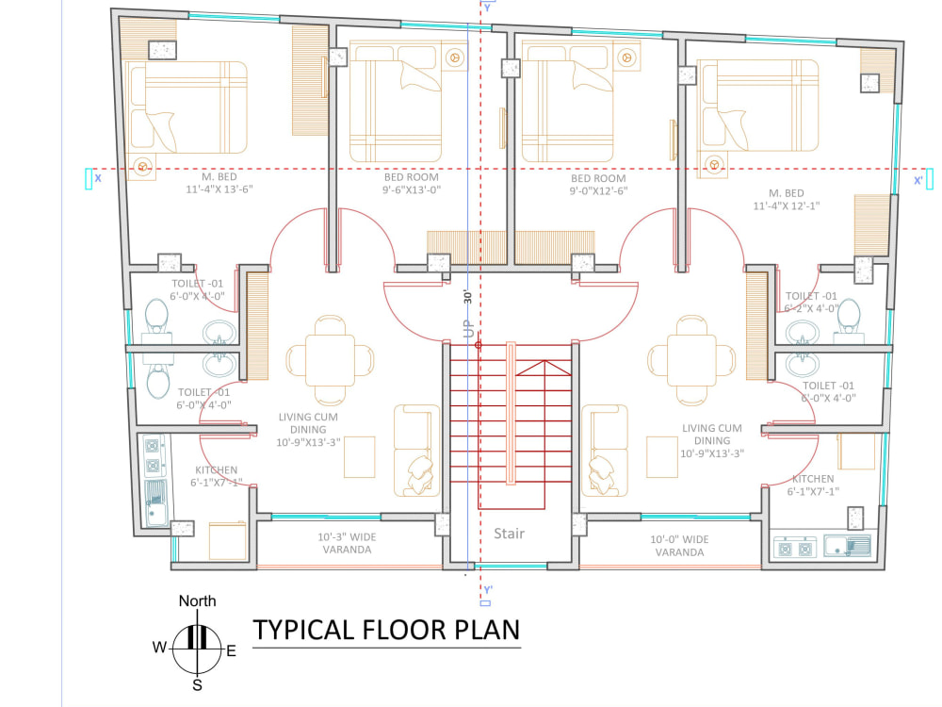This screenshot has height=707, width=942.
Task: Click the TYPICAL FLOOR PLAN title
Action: (385, 629)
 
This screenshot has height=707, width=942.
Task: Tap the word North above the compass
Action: (197, 600)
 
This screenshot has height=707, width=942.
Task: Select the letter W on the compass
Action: (159, 648)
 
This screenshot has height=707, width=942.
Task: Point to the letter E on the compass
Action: (231, 650)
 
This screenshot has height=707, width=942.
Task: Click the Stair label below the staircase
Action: (509, 534)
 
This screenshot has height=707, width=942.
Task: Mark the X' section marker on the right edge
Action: (919, 179)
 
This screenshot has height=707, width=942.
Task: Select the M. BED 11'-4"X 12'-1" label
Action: (787, 199)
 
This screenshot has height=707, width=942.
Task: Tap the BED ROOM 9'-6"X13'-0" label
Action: (412, 183)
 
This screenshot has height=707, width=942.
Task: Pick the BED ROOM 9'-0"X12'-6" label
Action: (598, 184)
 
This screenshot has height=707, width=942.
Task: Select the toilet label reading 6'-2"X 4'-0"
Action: (811, 302)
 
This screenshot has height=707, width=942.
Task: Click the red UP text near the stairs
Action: (467, 329)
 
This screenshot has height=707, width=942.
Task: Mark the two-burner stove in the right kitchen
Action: (793, 547)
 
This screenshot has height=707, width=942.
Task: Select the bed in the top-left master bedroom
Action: (188, 107)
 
